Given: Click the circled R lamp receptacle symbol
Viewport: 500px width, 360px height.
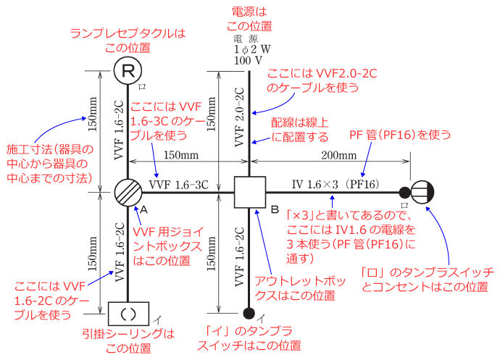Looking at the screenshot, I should (128, 71).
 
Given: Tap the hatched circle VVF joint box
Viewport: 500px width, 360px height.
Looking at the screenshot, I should (128, 193).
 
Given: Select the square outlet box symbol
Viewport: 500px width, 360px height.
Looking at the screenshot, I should (249, 193).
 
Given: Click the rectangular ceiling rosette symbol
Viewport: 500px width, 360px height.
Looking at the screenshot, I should (128, 314).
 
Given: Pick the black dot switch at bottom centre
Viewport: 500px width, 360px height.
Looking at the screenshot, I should (249, 314).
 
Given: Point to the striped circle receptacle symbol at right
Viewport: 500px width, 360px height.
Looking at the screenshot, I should (422, 193).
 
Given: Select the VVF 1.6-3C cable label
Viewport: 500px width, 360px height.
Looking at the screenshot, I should (178, 185).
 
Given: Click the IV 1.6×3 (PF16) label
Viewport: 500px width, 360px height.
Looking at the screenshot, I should (330, 185).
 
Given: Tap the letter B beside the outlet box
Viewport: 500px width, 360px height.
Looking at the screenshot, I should (275, 210).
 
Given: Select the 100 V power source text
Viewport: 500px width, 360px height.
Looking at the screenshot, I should (248, 62).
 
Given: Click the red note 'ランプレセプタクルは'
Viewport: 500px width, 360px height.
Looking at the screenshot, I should (128, 33).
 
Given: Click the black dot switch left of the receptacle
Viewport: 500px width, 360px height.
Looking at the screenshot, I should (404, 193).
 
